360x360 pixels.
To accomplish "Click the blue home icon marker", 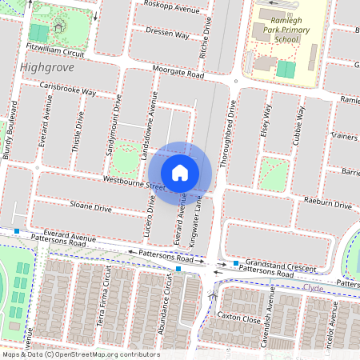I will coord(180,172).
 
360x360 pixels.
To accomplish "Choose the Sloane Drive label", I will coord(90,207).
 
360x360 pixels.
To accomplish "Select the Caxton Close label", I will coord(240,318).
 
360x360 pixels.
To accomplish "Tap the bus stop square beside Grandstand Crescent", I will coord(236,263).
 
